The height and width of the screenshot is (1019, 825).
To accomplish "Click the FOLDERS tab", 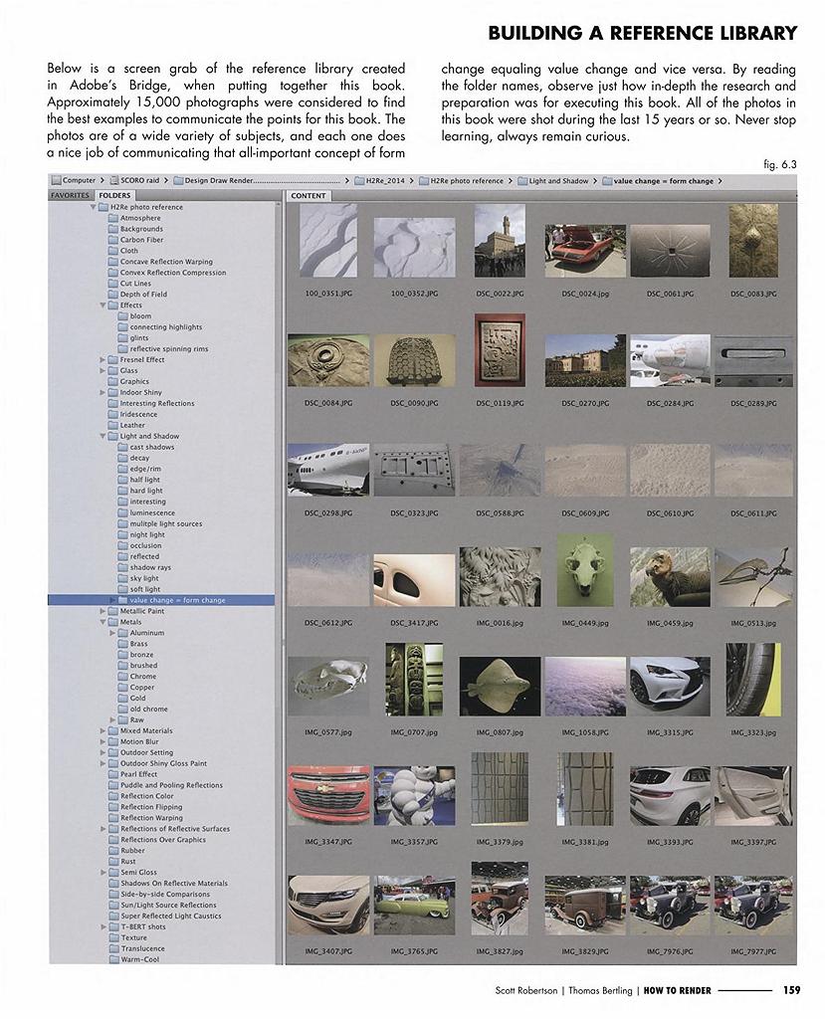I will pyautogui.click(x=114, y=196).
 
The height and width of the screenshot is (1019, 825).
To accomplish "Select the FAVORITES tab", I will pyautogui.click(x=71, y=196).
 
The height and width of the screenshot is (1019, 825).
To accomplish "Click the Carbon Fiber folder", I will pyautogui.click(x=141, y=240).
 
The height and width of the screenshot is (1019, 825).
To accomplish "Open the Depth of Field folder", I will pyautogui.click(x=143, y=295).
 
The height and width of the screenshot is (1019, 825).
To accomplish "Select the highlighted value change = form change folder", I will pyautogui.click(x=177, y=600).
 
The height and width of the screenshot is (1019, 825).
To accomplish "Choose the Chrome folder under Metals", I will pyautogui.click(x=143, y=677).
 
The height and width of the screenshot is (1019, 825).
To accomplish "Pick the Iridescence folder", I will pyautogui.click(x=138, y=414).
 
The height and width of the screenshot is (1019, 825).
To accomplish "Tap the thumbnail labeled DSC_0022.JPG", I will pyautogui.click(x=500, y=241).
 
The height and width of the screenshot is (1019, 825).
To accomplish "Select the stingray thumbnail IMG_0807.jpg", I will pyautogui.click(x=500, y=686).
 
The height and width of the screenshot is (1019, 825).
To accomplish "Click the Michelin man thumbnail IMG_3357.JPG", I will pyautogui.click(x=414, y=795).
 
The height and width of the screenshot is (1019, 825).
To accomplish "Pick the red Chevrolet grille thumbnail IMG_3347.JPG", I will pyautogui.click(x=327, y=795).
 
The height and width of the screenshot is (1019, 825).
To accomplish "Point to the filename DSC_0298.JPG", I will pyautogui.click(x=327, y=513).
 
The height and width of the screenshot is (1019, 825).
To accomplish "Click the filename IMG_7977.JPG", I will pyautogui.click(x=753, y=951).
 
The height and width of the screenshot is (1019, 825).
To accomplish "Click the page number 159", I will pyautogui.click(x=791, y=990).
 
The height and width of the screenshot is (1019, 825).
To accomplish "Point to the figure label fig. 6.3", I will pyautogui.click(x=780, y=165).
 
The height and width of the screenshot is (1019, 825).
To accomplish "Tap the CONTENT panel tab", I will pyautogui.click(x=309, y=196).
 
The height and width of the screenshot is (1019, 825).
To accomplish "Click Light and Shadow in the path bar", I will pyautogui.click(x=558, y=181).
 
